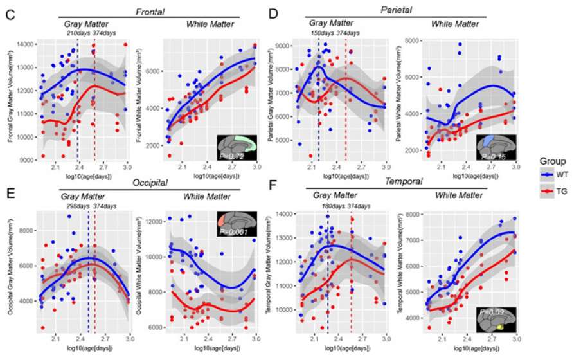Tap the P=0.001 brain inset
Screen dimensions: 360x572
click(x=237, y=222)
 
